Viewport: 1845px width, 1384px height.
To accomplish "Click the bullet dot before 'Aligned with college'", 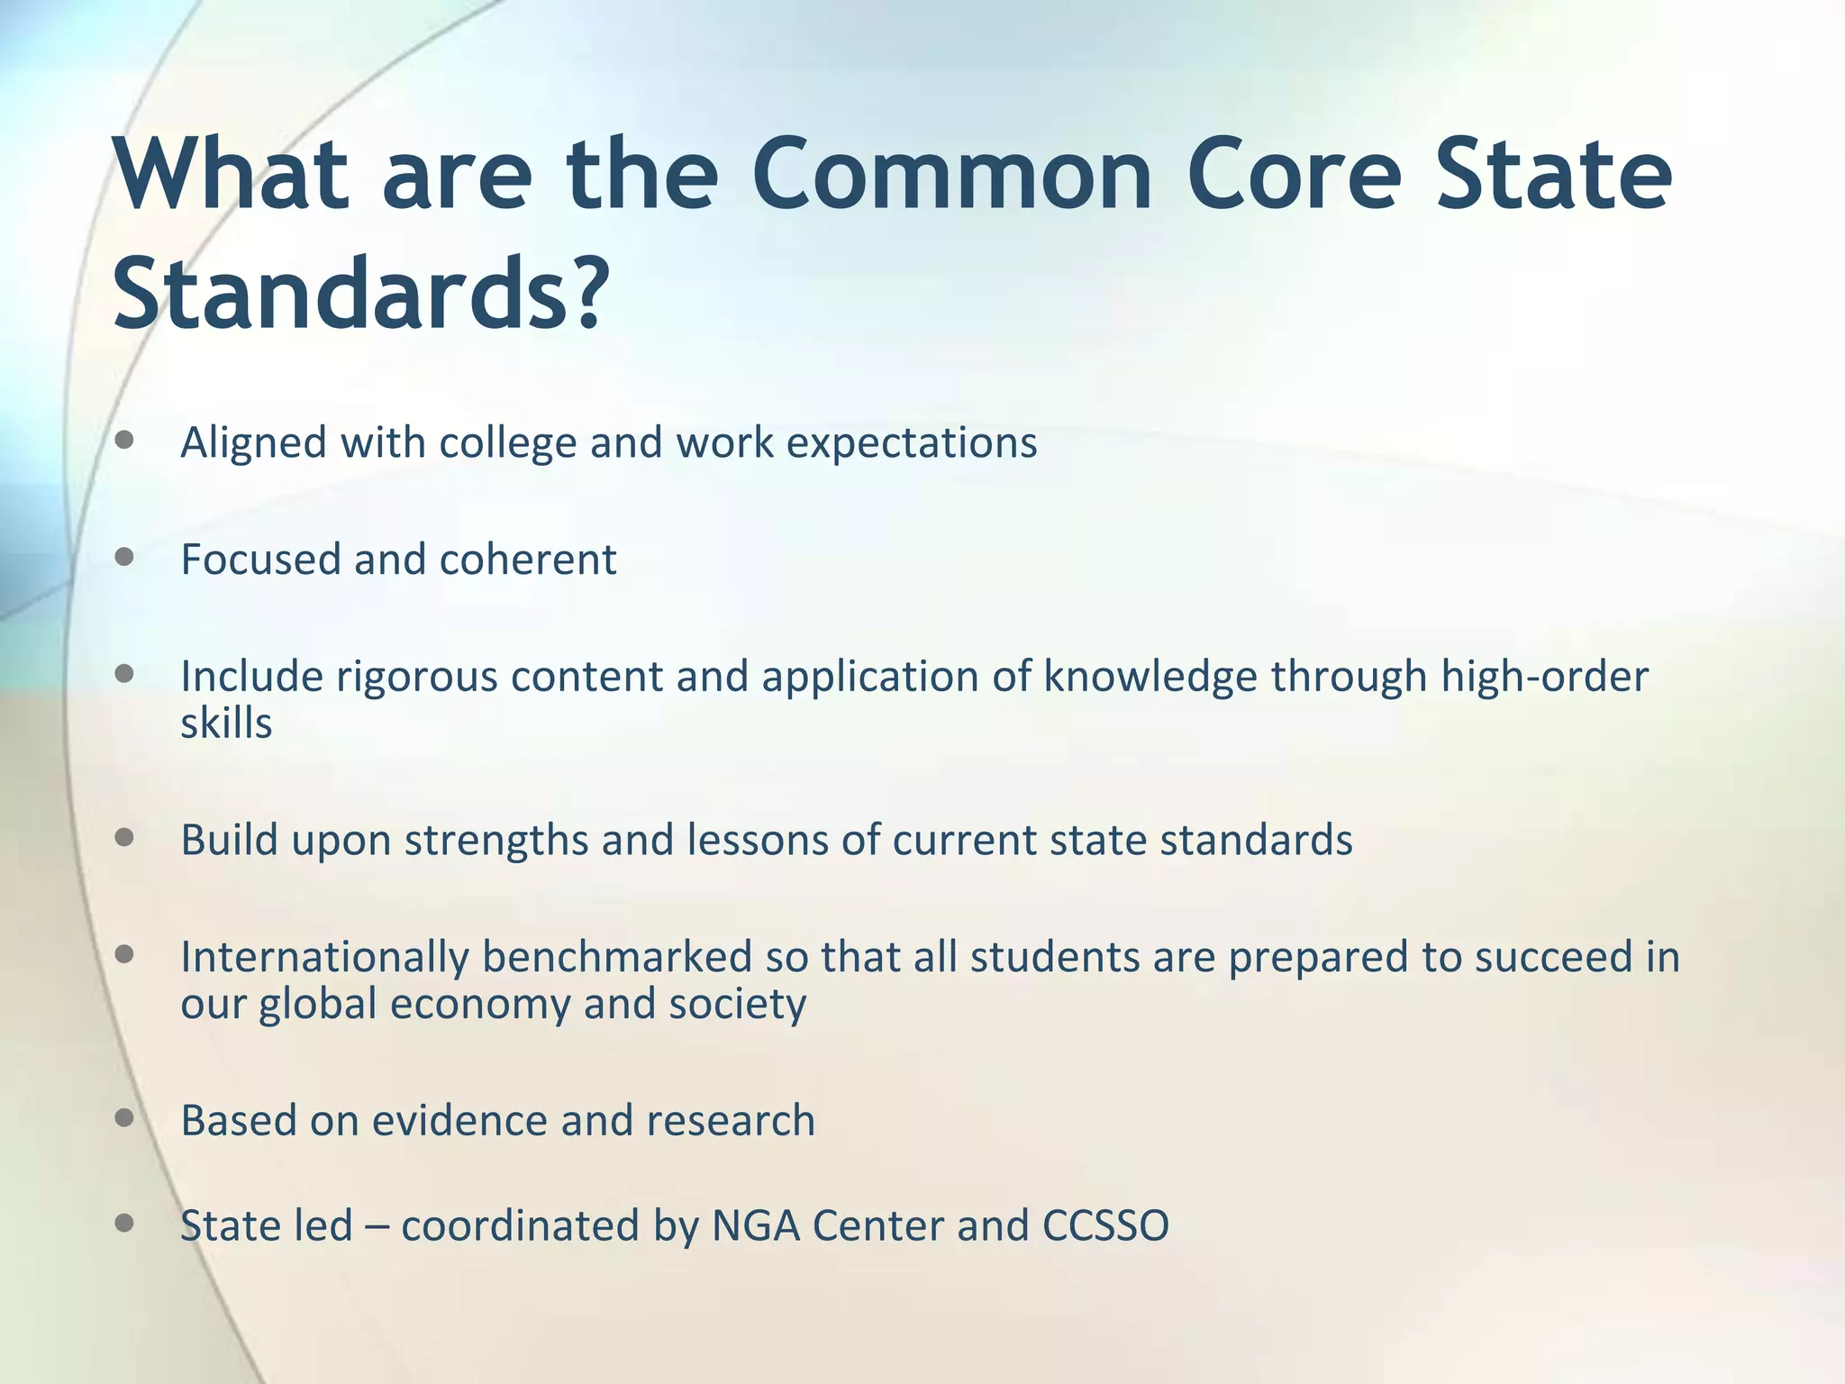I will [x=125, y=441].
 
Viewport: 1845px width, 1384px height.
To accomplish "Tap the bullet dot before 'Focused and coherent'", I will [x=125, y=557].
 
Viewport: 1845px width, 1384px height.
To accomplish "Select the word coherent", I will [x=528, y=560].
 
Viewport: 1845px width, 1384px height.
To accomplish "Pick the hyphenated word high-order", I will [x=1544, y=677].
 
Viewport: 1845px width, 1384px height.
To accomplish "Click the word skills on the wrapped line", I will [x=226, y=724].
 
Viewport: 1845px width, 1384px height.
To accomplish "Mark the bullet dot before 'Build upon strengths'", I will [x=125, y=838].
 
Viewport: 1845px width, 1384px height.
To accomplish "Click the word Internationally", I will [x=324, y=958].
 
